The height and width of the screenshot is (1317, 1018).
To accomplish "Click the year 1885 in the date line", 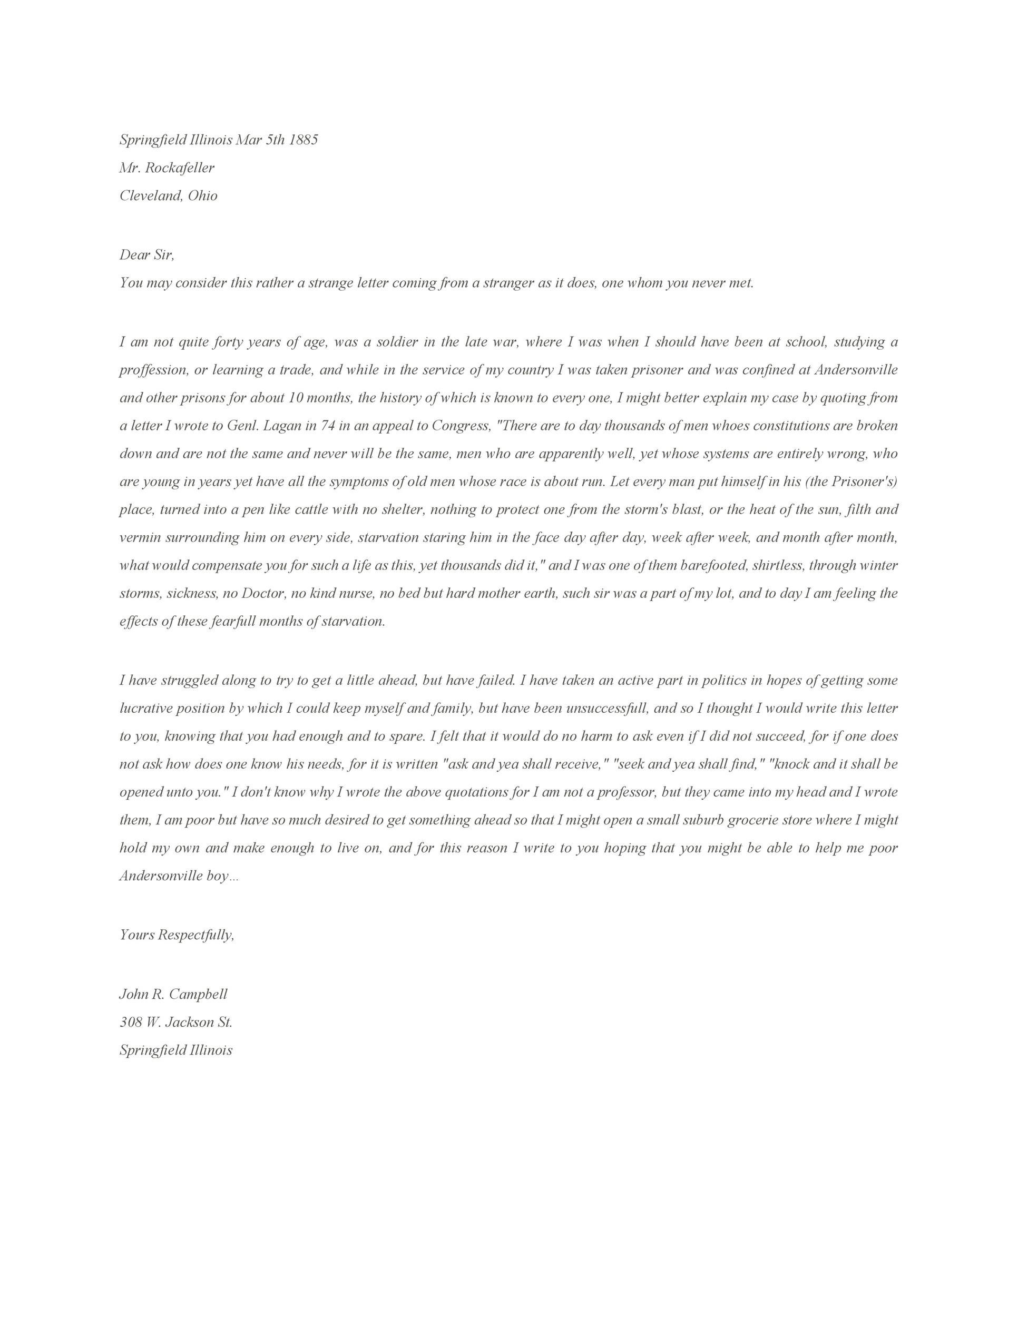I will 303,140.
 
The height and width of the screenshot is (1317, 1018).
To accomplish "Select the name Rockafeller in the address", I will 180,168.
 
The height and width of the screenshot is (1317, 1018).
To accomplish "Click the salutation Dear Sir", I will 146,254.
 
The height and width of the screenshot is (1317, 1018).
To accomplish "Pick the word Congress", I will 460,426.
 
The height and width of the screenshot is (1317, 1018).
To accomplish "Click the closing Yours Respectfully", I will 177,935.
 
